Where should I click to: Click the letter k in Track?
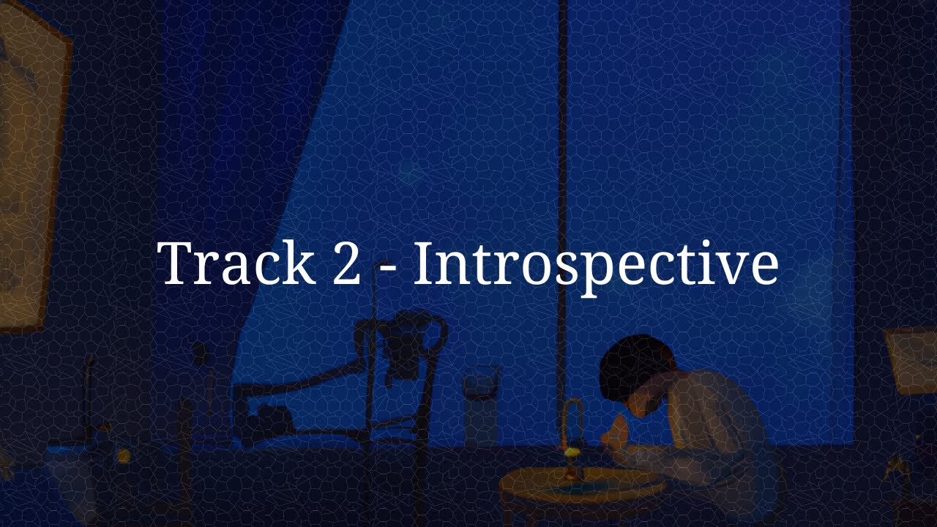pos(298,262)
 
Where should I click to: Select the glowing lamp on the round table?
pos(572,439)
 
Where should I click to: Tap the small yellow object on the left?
pos(123,456)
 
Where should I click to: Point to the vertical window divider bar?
pos(562,146)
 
